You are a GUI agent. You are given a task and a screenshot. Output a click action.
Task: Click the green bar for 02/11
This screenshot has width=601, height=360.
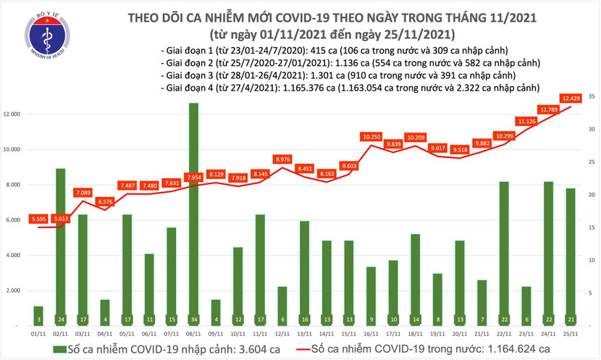[x=60, y=246]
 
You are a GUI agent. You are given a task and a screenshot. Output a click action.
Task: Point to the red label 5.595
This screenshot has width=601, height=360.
[x=38, y=219]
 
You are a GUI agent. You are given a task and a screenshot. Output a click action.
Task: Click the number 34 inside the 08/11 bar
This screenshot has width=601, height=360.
[x=193, y=318]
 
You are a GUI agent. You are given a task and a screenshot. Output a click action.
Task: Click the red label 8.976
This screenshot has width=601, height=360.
[x=282, y=159]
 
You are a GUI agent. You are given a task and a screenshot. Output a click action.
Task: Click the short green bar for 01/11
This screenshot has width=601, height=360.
[x=38, y=316]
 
